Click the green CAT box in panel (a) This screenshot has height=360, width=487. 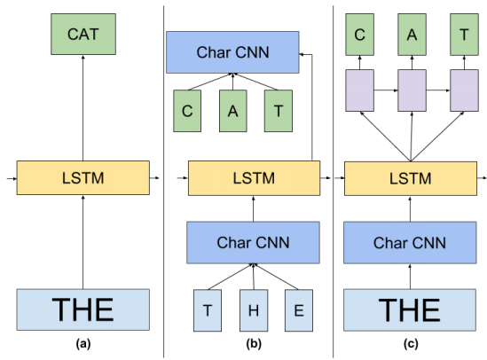click(82, 35)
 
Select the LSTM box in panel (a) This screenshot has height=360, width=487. click(82, 178)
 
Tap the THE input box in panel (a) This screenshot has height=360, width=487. click(82, 309)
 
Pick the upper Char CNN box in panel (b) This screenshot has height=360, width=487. click(232, 52)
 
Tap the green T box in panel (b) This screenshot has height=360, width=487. click(278, 111)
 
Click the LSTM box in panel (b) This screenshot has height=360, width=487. click(254, 178)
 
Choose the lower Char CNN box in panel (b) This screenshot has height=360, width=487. click(253, 242)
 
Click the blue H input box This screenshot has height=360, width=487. click(254, 310)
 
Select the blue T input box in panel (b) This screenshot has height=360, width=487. click(208, 310)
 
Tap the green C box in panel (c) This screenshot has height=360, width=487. click(361, 35)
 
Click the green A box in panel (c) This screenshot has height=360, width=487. click(411, 35)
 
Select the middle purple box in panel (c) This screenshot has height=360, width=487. click(411, 90)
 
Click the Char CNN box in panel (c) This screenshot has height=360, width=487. click(410, 242)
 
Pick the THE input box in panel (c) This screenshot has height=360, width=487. click(410, 309)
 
